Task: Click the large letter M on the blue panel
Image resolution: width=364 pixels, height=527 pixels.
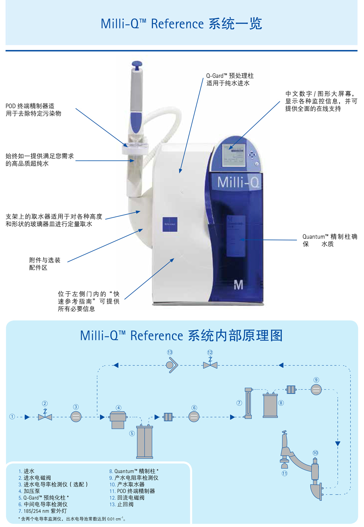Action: (238, 285)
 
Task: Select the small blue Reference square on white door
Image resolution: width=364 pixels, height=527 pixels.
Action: (170, 224)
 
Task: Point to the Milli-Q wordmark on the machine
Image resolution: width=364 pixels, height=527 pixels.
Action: (238, 182)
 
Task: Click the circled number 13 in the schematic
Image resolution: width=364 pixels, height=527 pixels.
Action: (170, 352)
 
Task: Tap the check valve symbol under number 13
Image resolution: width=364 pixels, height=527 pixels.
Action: (172, 365)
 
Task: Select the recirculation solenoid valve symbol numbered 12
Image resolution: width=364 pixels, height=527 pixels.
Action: (210, 364)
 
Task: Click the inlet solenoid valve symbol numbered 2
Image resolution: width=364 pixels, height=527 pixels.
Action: (45, 417)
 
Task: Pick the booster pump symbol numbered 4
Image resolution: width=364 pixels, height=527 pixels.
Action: (118, 420)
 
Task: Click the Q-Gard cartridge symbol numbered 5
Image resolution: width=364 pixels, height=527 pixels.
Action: (145, 442)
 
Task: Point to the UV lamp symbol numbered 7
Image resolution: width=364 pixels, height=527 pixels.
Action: (248, 403)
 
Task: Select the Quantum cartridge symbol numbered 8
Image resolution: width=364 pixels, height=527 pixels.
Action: (270, 406)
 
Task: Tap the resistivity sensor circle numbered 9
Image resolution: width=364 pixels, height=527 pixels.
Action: (316, 390)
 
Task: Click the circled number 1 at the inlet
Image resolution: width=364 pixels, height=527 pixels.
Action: (12, 417)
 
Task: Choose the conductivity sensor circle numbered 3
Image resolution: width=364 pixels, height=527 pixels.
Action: (76, 417)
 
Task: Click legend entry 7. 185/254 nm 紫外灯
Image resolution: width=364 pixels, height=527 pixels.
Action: (43, 511)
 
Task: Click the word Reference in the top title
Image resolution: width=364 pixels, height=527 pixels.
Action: (177, 24)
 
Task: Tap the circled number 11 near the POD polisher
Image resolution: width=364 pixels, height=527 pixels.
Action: (285, 473)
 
